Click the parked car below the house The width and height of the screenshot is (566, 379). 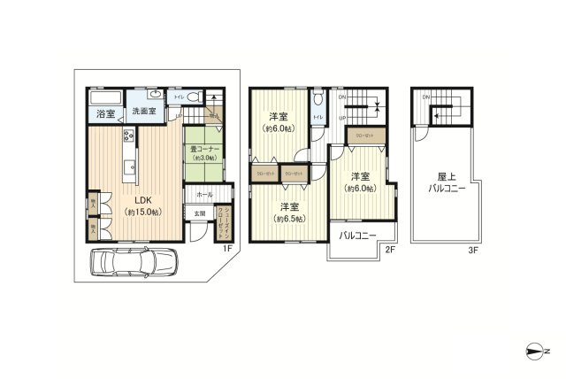[135, 263]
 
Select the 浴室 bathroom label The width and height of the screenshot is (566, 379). [105, 113]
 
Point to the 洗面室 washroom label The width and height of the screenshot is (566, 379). [143, 112]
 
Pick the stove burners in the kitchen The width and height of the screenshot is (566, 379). [128, 136]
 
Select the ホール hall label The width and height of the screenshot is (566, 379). [204, 194]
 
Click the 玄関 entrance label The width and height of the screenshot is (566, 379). [200, 213]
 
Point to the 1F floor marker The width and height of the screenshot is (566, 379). [227, 249]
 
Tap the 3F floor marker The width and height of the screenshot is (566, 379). [474, 251]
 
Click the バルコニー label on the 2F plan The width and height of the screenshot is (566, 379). [358, 235]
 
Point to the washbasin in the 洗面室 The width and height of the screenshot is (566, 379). [156, 94]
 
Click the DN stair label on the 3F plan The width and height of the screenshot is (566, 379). [426, 97]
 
